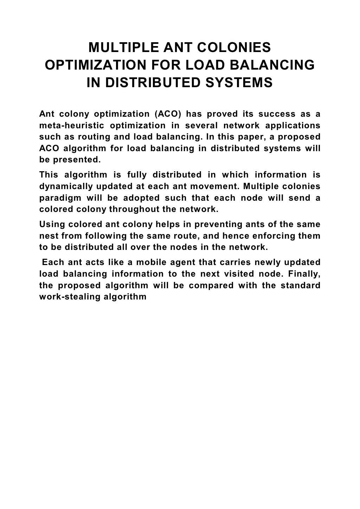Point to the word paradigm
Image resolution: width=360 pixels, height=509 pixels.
tap(57, 198)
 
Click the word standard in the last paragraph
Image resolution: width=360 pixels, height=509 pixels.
tap(301, 285)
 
